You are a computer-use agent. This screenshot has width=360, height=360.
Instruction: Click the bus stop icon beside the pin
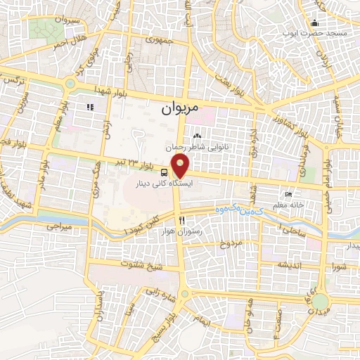coord(164,172)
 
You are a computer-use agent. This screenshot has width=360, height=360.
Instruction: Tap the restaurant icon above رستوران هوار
coord(182,220)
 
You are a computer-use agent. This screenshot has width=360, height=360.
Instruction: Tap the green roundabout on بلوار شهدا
coord(70,85)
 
